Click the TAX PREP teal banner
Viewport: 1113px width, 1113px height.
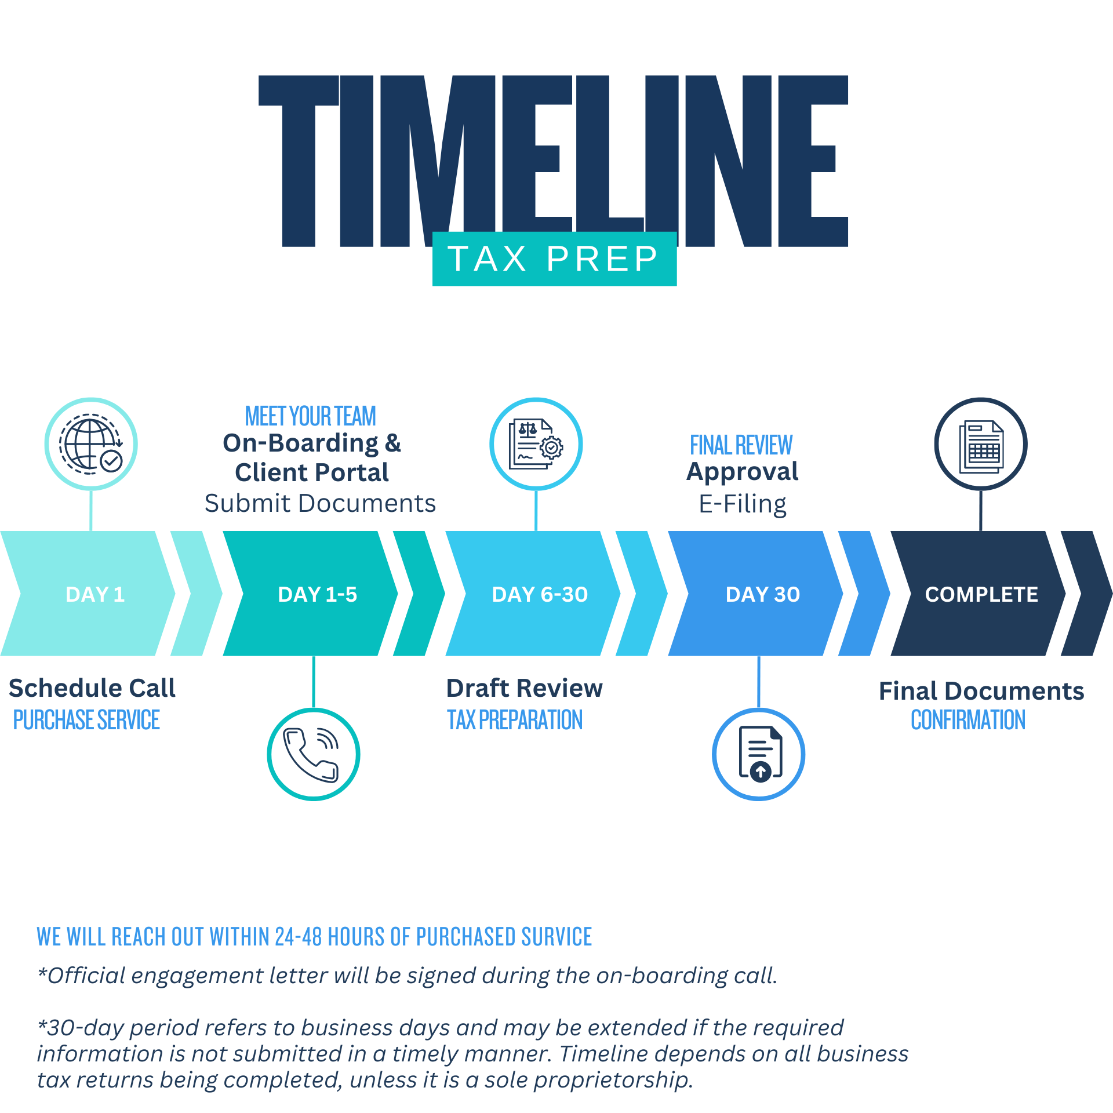pos(555,259)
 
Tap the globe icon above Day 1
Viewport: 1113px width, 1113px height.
pos(91,444)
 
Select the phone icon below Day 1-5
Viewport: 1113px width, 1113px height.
pos(314,754)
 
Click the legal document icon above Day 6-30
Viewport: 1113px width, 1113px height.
pos(536,444)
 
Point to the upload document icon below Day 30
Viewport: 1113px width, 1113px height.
pos(759,754)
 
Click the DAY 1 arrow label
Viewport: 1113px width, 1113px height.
pos(96,594)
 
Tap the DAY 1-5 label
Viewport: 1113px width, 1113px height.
pos(318,594)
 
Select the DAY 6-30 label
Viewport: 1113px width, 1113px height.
pos(540,594)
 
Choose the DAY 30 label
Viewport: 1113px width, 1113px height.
pos(763,594)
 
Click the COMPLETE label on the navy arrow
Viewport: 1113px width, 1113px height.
pos(981,594)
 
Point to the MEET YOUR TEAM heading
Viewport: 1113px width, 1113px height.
pos(311,416)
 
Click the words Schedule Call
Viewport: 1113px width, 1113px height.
pos(92,688)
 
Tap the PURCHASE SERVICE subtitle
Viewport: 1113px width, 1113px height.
pos(86,720)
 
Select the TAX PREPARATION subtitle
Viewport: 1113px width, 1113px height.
pos(515,720)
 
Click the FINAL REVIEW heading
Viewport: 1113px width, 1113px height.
pos(741,445)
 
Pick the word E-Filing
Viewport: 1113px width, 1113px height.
pos(743,504)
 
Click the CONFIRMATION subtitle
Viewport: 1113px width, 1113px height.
pos(968,720)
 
